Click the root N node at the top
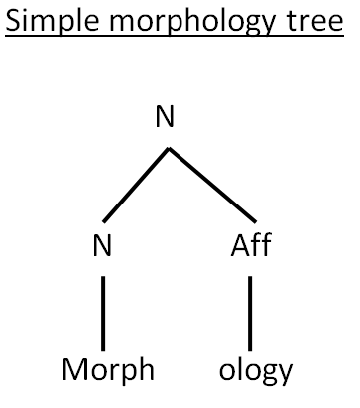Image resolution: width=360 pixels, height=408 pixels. [166, 116]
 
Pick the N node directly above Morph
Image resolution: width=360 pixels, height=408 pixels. [101, 245]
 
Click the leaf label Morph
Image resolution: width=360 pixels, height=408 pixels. [108, 370]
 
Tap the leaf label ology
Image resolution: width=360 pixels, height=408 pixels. [257, 372]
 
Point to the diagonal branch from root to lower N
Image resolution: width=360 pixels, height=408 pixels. [135, 184]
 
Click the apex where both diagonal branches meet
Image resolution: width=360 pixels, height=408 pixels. [169, 149]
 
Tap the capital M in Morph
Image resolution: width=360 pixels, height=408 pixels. [73, 369]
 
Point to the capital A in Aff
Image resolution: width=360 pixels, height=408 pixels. [237, 245]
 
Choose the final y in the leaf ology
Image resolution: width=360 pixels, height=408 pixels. [286, 374]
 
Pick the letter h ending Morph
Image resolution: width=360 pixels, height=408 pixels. [146, 369]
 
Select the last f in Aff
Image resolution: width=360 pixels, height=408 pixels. [266, 244]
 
